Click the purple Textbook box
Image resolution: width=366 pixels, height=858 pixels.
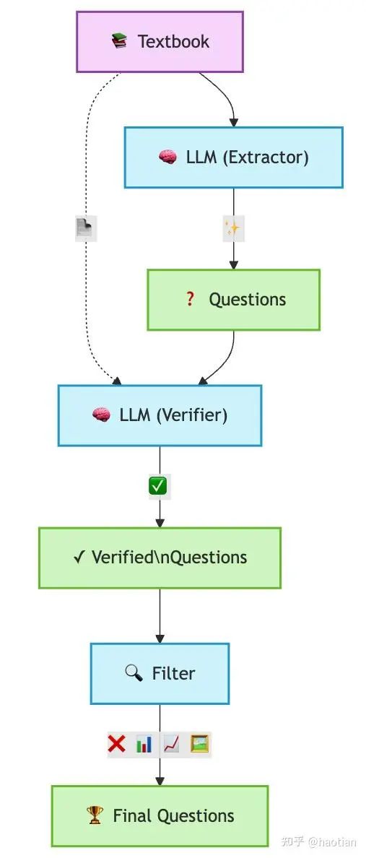[160, 42]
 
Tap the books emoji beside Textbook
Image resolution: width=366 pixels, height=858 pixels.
[119, 41]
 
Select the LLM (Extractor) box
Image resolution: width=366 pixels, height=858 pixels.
[234, 157]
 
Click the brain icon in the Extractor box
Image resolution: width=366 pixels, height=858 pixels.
[168, 157]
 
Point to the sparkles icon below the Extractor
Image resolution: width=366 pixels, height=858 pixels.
[233, 228]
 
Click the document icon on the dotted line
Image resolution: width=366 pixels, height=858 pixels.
[86, 228]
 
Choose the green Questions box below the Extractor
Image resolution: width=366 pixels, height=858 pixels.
[234, 300]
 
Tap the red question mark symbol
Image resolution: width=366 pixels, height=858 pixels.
[190, 299]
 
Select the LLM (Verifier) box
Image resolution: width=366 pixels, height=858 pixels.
[160, 415]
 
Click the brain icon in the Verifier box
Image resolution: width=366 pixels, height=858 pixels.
[101, 415]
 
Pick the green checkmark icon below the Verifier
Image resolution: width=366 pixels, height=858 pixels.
[158, 486]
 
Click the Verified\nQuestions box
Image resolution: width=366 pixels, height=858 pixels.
[160, 558]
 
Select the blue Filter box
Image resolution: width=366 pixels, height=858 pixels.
[160, 674]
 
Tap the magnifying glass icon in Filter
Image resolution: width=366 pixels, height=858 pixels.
[134, 673]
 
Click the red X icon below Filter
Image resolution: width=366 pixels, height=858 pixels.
[116, 744]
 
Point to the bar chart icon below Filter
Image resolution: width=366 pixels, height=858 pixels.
[144, 744]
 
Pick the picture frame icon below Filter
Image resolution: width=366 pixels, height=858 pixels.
[200, 744]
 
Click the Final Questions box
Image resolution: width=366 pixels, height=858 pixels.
[160, 816]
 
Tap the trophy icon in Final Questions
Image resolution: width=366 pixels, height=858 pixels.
[95, 816]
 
